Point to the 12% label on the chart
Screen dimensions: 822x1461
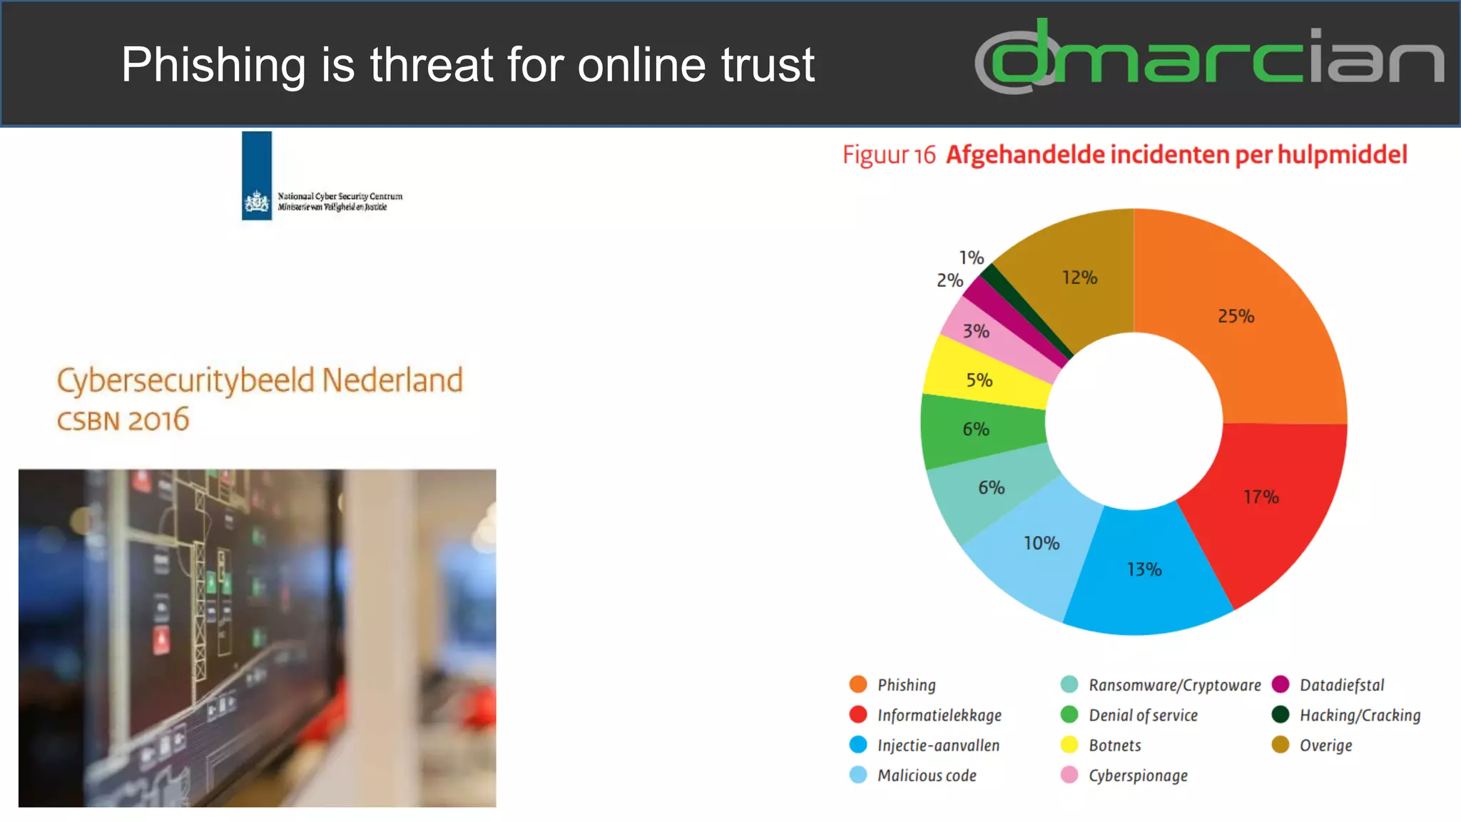[1079, 278]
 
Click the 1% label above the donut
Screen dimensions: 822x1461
[971, 258]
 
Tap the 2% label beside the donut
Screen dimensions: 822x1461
[950, 280]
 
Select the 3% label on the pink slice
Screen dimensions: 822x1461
[976, 331]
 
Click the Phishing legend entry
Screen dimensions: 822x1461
[906, 685]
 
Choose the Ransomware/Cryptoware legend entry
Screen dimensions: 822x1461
[1174, 685]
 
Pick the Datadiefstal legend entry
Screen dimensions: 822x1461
[1341, 685]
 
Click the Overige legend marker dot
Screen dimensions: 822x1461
[1281, 745]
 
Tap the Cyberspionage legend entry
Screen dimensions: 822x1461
[1138, 776]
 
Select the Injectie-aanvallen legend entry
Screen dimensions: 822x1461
[938, 746]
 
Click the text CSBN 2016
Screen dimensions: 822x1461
[123, 420]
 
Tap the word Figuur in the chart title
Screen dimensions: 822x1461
[875, 155]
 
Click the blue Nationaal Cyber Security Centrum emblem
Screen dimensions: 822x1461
[257, 176]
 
